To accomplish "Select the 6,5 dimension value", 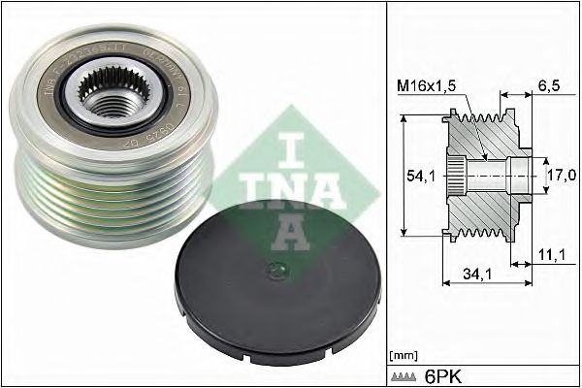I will tap(549, 85).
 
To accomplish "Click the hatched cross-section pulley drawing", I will tap(485, 176).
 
